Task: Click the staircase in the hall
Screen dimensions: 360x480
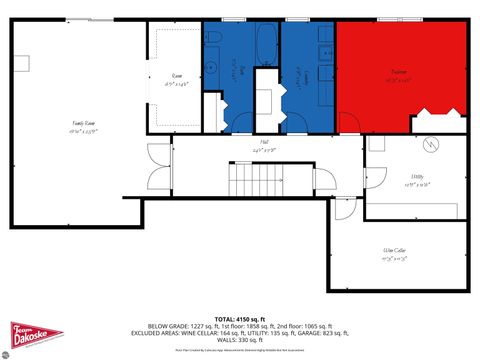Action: coord(245,181)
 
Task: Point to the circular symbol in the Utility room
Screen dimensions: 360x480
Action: coord(432,143)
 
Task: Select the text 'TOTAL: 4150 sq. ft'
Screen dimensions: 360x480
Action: coord(240,317)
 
